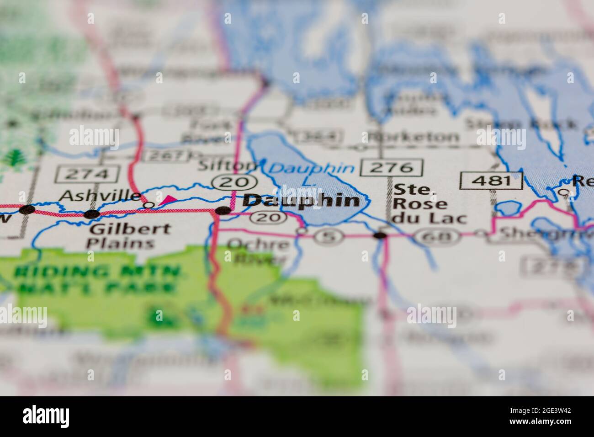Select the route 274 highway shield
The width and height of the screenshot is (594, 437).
pyautogui.click(x=87, y=174)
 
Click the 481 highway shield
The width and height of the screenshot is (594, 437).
pyautogui.click(x=491, y=181)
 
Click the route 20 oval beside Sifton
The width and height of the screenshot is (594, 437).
pyautogui.click(x=233, y=182)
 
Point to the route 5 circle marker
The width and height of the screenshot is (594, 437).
pyautogui.click(x=328, y=237)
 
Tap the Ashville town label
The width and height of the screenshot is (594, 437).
pyautogui.click(x=101, y=196)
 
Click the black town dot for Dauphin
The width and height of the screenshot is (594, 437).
pyautogui.click(x=223, y=211)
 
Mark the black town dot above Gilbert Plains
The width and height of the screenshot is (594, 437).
pyautogui.click(x=92, y=214)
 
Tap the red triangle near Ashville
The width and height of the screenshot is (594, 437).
pyautogui.click(x=168, y=199)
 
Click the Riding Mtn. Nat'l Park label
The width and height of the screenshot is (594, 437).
pyautogui.click(x=96, y=280)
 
